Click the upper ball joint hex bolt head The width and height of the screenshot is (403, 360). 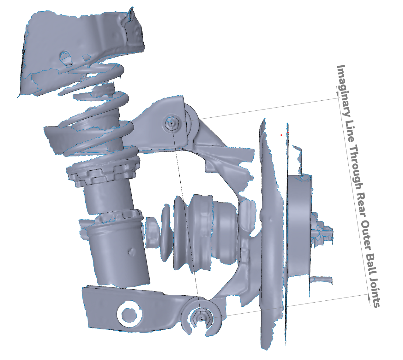click(172, 123)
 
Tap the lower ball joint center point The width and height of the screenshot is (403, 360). click(201, 320)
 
